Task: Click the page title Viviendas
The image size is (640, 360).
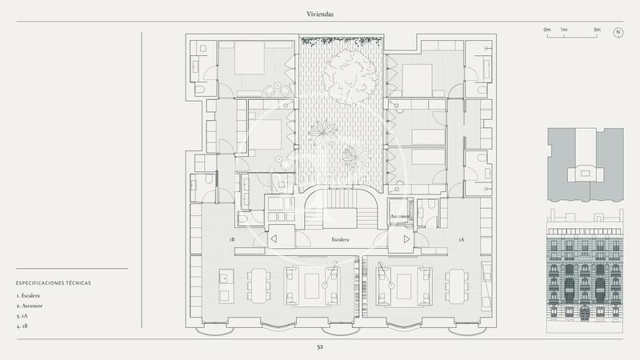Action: pos(319,14)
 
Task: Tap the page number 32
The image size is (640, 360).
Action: pos(319,347)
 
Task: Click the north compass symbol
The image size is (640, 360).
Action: pos(618,32)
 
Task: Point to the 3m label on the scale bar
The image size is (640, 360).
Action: pos(597,30)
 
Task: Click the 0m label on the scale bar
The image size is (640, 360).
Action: pos(547,30)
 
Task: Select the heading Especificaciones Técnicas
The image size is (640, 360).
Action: pos(53,282)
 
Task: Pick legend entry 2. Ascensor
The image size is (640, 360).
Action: pos(31,306)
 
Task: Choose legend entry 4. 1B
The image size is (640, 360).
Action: pos(22,326)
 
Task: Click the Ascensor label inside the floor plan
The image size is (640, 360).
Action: pos(400,217)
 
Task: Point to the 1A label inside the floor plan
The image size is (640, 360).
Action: pos(461,239)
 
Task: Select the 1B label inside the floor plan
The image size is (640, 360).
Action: pos(232,239)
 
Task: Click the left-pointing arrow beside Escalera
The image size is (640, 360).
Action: pos(274,238)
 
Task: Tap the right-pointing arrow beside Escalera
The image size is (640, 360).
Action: pos(406,238)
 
